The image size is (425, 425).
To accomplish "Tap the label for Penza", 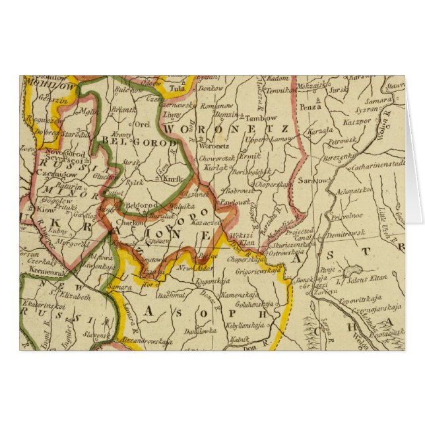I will [x=310, y=106].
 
